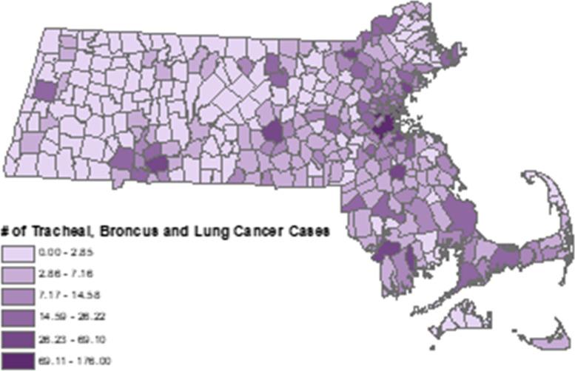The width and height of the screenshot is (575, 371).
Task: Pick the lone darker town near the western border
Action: click(x=44, y=91)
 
